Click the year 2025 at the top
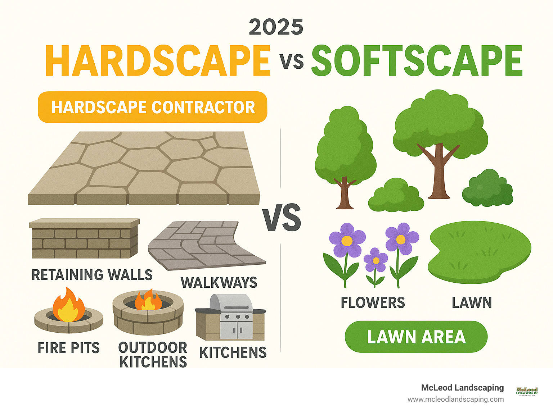tap(276, 27)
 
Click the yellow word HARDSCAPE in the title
tap(158, 60)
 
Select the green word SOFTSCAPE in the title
tap(417, 60)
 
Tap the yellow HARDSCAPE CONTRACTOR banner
tap(152, 107)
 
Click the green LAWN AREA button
tap(416, 337)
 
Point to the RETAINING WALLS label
tap(92, 275)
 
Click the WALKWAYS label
tap(219, 283)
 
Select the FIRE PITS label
tap(68, 348)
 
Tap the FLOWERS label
tap(373, 303)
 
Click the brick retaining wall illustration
tap(84, 239)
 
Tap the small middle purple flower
tap(376, 260)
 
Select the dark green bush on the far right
tap(487, 189)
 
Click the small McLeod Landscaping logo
tap(527, 391)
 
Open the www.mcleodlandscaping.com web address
tap(455, 399)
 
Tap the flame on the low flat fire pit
tap(68, 305)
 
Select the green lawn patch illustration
tap(479, 252)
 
